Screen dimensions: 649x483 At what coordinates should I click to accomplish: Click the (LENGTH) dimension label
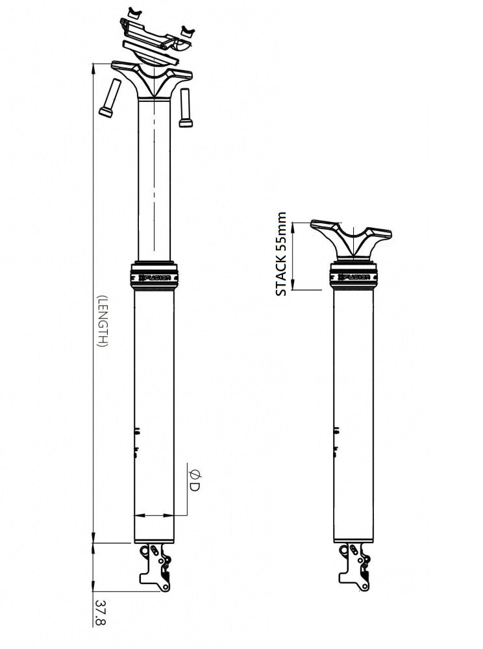pyautogui.click(x=101, y=321)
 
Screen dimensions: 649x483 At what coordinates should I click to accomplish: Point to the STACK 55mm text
pyautogui.click(x=281, y=254)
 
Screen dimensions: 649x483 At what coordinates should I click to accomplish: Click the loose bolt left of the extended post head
pyautogui.click(x=108, y=97)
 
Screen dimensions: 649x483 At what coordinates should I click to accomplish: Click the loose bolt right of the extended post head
pyautogui.click(x=186, y=107)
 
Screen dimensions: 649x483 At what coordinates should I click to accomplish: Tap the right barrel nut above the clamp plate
pyautogui.click(x=188, y=31)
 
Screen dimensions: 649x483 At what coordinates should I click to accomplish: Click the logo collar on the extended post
pyautogui.click(x=155, y=275)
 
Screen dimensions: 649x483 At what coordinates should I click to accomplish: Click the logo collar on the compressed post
pyautogui.click(x=354, y=276)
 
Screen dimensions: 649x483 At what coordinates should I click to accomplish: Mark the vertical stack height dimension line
pyautogui.click(x=294, y=256)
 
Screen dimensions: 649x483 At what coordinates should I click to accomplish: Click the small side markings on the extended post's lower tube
pyautogui.click(x=137, y=441)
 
